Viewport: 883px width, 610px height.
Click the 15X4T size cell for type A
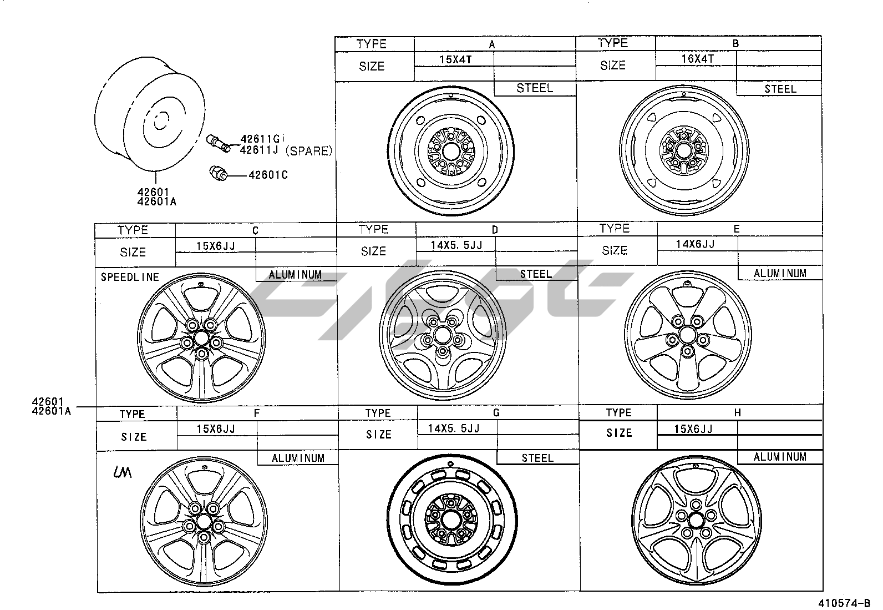click(x=455, y=59)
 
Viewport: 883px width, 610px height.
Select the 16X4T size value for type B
click(x=697, y=59)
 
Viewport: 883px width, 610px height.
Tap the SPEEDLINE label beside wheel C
click(x=130, y=277)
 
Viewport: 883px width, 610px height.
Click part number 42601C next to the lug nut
click(x=268, y=175)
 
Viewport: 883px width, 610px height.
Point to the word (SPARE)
click(x=308, y=151)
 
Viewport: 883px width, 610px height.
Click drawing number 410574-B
click(x=844, y=603)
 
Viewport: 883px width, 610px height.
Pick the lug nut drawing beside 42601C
click(x=218, y=173)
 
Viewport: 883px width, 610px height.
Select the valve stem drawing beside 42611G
click(x=219, y=143)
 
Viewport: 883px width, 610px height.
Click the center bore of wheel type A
click(x=451, y=152)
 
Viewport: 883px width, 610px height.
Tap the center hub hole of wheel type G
click(x=451, y=521)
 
